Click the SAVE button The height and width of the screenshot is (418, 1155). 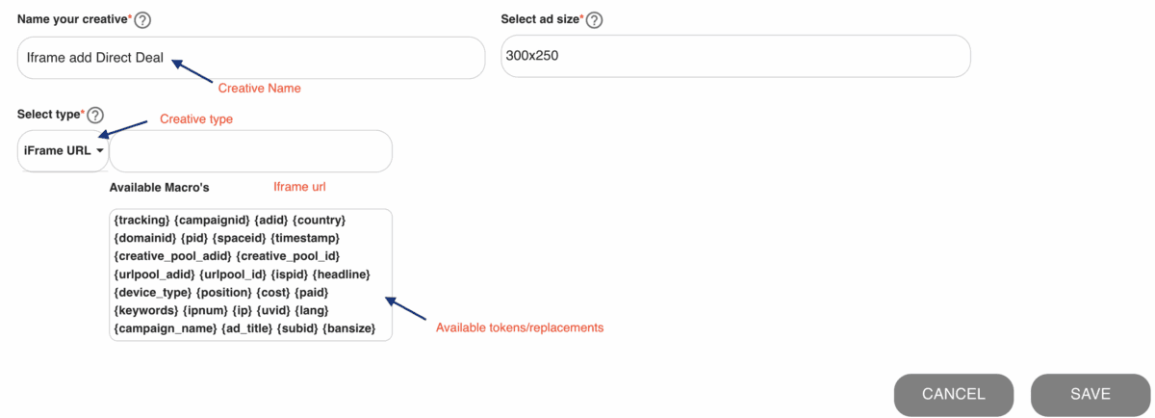coord(1090,394)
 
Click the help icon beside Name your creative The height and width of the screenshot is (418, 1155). coord(142,20)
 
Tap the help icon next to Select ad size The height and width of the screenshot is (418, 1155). coord(594,20)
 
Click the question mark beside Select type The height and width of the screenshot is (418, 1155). coord(95,115)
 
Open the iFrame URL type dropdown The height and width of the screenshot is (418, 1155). coord(63,150)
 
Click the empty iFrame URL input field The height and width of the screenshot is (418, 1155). coord(251,151)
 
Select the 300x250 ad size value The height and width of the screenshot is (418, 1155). coord(532,56)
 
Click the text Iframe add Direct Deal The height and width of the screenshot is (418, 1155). coord(95,57)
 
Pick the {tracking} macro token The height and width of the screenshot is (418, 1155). coord(141,221)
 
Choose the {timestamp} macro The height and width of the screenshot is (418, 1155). coord(305,239)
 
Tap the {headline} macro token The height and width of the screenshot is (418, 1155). coord(342,274)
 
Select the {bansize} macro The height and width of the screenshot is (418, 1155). coord(349,328)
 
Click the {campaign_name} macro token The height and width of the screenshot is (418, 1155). coord(165,328)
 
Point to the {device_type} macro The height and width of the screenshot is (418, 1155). coord(153,293)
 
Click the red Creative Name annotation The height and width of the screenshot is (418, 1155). coord(259,89)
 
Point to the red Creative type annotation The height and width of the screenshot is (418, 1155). coord(196,119)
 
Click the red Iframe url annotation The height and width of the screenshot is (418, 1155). coord(299,187)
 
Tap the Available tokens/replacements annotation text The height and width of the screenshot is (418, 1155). coord(520,327)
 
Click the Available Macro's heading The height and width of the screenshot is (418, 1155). coord(160,187)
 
